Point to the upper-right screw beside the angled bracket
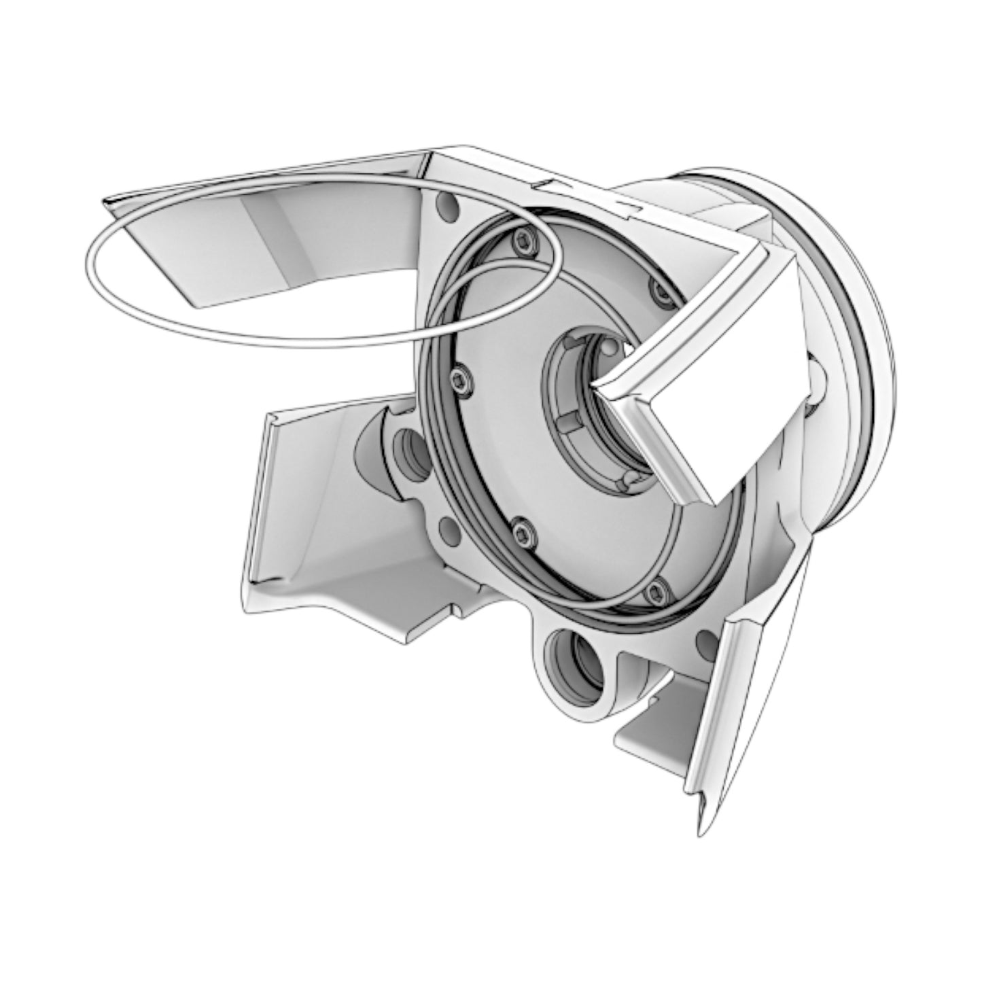tap(659, 291)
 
